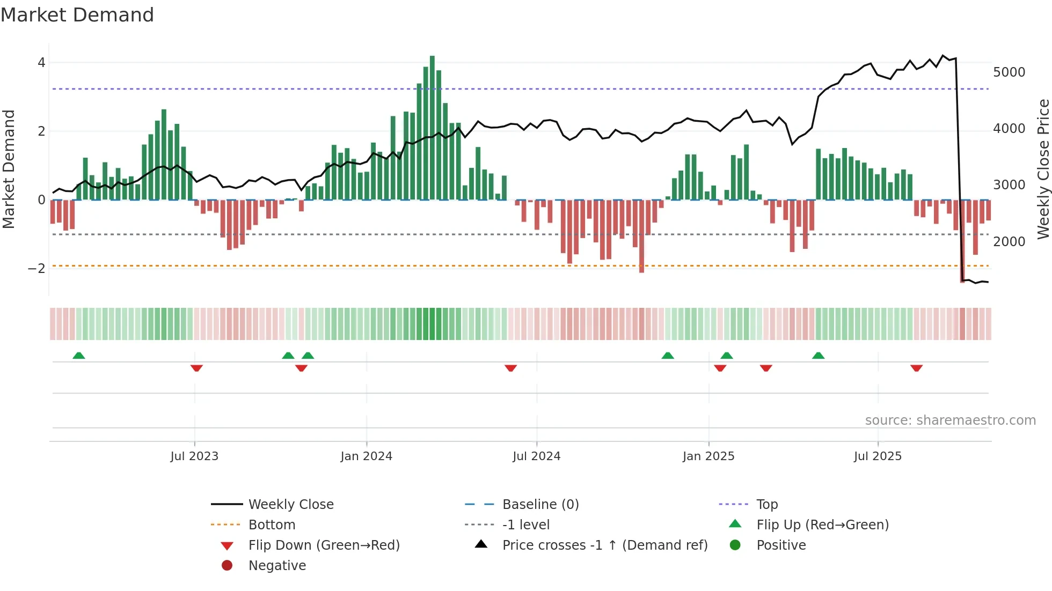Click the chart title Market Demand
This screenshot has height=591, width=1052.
[x=77, y=15]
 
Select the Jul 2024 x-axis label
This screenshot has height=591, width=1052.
[x=536, y=456]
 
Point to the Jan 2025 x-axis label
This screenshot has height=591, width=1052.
[x=708, y=456]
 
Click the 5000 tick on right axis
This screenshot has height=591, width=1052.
[x=1009, y=72]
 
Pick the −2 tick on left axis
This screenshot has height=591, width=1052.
[x=37, y=268]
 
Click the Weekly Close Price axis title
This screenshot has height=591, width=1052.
[x=1043, y=169]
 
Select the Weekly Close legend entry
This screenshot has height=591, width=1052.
[x=290, y=505]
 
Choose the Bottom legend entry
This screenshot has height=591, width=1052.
[x=272, y=525]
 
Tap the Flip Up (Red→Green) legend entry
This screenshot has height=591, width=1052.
[x=822, y=525]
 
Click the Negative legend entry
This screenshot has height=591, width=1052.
[x=277, y=566]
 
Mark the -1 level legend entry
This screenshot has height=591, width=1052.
[x=525, y=525]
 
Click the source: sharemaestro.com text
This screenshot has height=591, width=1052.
[x=950, y=420]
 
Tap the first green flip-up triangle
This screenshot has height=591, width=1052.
[x=79, y=356]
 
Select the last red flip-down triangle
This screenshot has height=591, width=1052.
[x=916, y=368]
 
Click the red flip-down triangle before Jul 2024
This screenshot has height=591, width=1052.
[x=510, y=368]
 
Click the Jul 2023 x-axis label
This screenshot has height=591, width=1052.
[x=194, y=456]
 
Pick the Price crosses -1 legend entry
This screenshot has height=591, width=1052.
[x=604, y=545]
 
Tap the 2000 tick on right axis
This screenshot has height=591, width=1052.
[x=1009, y=242]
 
